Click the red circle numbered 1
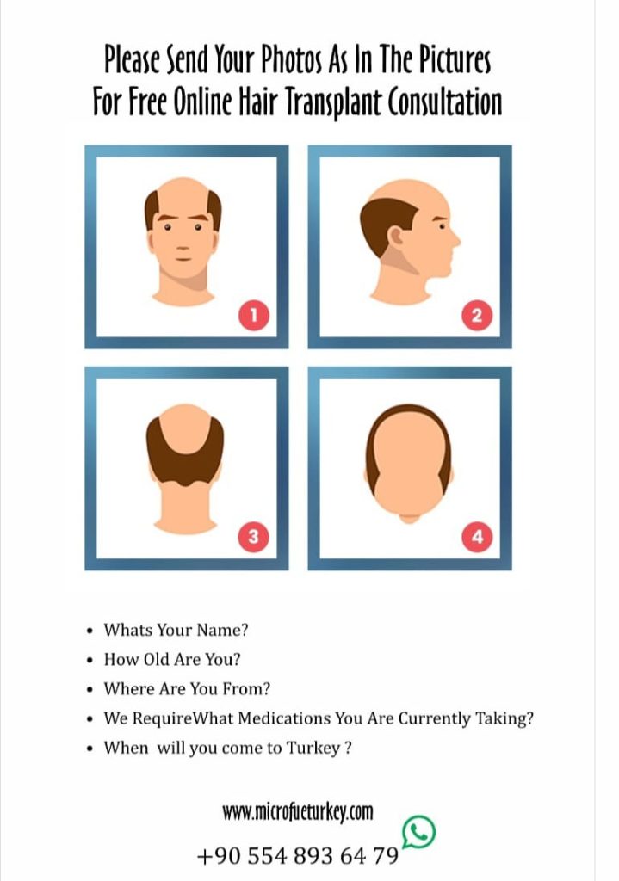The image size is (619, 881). [x=253, y=317]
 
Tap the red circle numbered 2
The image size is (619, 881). [x=476, y=317]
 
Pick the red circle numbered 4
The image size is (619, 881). [x=476, y=538]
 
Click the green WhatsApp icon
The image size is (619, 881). [x=419, y=831]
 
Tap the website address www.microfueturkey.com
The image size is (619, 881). [x=298, y=811]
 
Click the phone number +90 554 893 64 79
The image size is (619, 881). [x=298, y=857]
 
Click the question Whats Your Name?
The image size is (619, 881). [x=176, y=630]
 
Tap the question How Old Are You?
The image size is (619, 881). [x=171, y=660]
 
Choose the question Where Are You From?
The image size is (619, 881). [x=187, y=689]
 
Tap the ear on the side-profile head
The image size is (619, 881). [x=397, y=235]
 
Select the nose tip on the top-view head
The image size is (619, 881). [x=409, y=519]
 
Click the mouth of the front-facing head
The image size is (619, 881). [x=183, y=256]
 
